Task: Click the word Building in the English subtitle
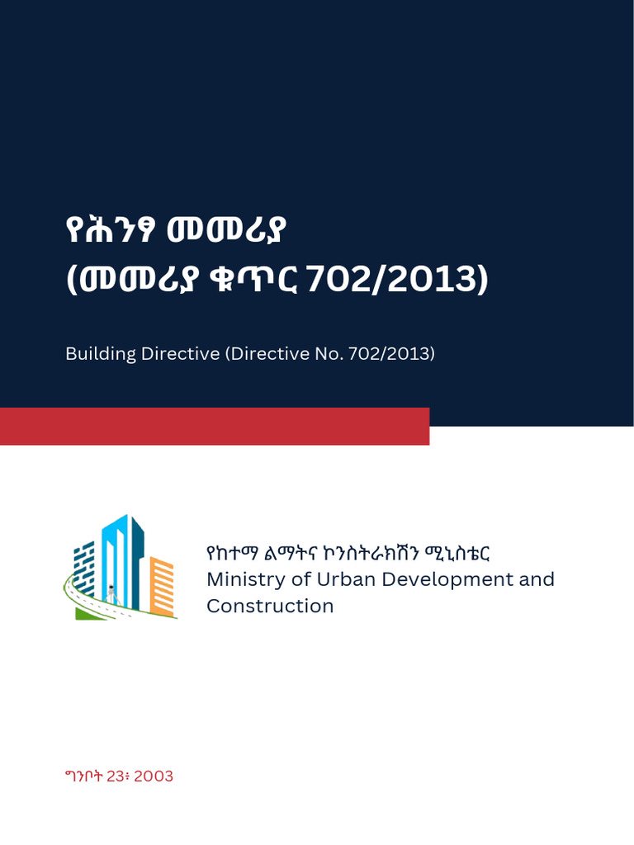point(100,354)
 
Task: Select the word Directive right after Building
point(178,353)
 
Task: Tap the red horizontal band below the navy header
point(215,426)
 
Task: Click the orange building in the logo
point(162,586)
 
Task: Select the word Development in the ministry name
point(438,579)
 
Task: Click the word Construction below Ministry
point(270,607)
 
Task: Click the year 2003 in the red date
point(153,777)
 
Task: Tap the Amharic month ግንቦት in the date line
point(86,777)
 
